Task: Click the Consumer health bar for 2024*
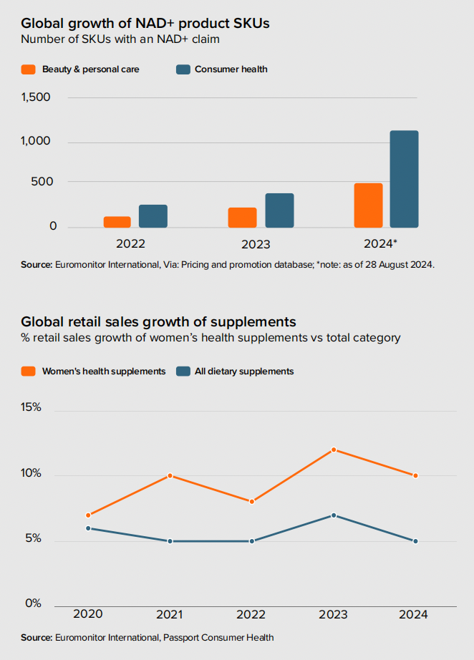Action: (404, 179)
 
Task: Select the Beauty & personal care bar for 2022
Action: (117, 222)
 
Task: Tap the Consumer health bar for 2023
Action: (279, 210)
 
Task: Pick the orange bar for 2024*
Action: (368, 205)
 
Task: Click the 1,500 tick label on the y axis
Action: (36, 97)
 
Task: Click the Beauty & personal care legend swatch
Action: (29, 69)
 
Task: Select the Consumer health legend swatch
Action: (183, 69)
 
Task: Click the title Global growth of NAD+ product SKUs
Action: (145, 24)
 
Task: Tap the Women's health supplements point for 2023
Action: (333, 450)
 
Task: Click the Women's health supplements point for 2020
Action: (88, 515)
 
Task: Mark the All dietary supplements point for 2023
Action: (333, 515)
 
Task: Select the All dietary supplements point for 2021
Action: (170, 541)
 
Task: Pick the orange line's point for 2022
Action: (251, 502)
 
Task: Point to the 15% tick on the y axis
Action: (32, 407)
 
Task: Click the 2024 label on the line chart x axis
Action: (414, 615)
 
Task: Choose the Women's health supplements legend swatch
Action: (29, 371)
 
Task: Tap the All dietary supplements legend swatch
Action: (183, 371)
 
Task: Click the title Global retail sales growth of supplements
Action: (158, 321)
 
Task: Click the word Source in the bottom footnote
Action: (36, 637)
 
